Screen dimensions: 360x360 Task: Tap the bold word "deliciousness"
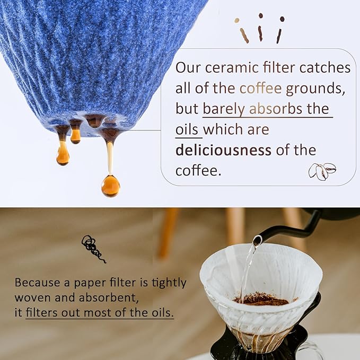pyautogui.click(x=223, y=150)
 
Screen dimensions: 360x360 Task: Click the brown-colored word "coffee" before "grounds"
pyautogui.click(x=261, y=89)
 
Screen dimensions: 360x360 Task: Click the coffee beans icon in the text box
pyautogui.click(x=322, y=171)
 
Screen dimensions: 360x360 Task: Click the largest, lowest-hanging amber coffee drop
pyautogui.click(x=111, y=185)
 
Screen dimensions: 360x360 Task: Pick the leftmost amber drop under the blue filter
pyautogui.click(x=63, y=154)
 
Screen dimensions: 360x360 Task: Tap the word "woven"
pyautogui.click(x=32, y=297)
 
